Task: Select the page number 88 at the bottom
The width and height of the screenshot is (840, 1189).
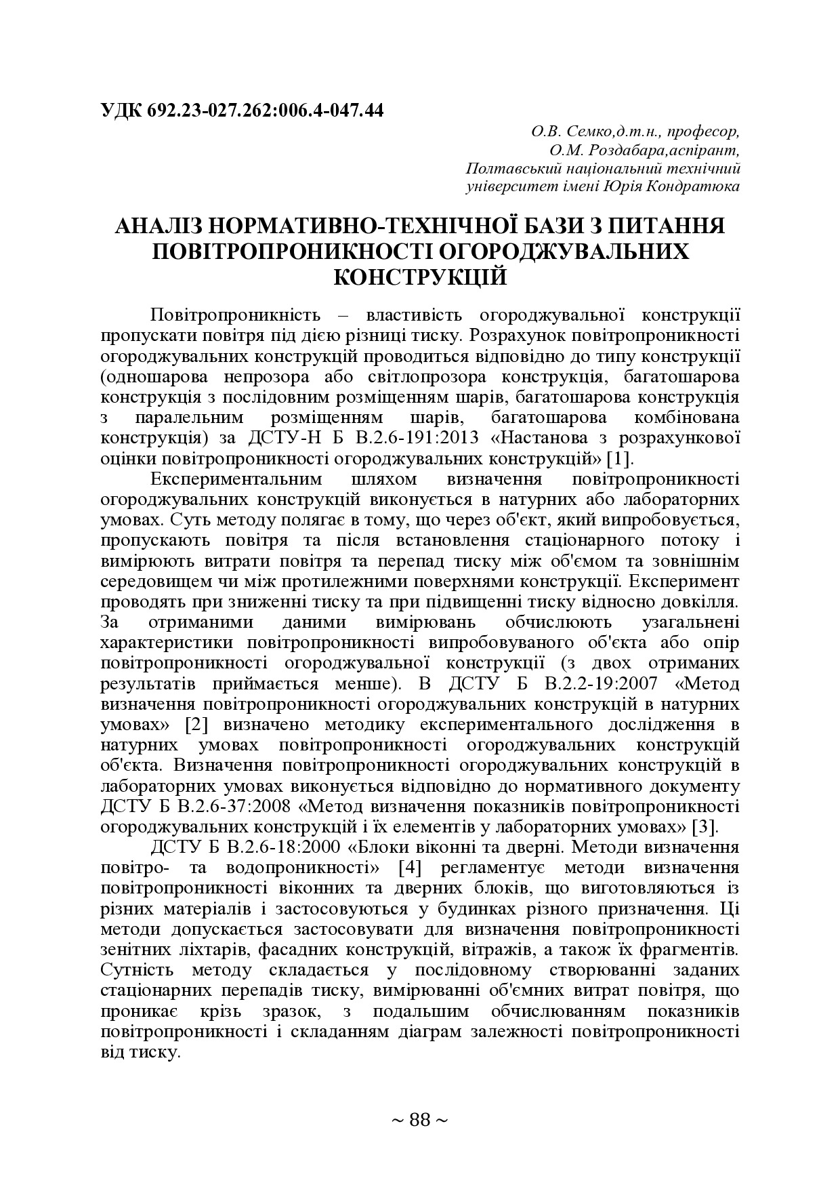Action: click(x=420, y=1119)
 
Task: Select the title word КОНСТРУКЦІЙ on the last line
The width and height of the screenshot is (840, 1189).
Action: click(x=421, y=277)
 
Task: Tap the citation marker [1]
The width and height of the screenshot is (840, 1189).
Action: click(x=619, y=458)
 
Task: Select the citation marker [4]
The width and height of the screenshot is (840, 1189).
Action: click(x=411, y=868)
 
